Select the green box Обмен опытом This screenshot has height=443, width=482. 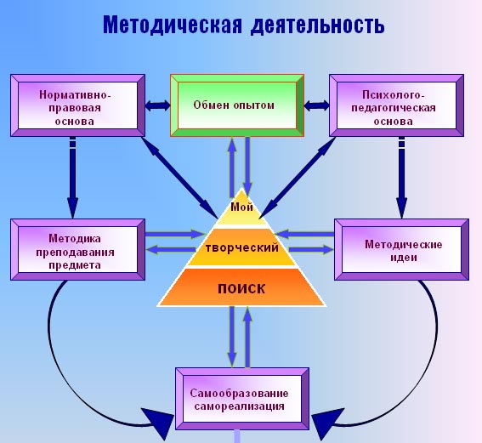(x=235, y=105)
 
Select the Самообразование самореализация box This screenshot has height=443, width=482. (x=241, y=397)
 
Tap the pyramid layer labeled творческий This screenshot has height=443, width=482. (x=241, y=248)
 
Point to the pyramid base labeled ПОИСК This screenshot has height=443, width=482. (x=241, y=287)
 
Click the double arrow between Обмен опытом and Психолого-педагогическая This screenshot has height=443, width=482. (x=316, y=105)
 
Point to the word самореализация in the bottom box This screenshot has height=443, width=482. (x=241, y=406)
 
